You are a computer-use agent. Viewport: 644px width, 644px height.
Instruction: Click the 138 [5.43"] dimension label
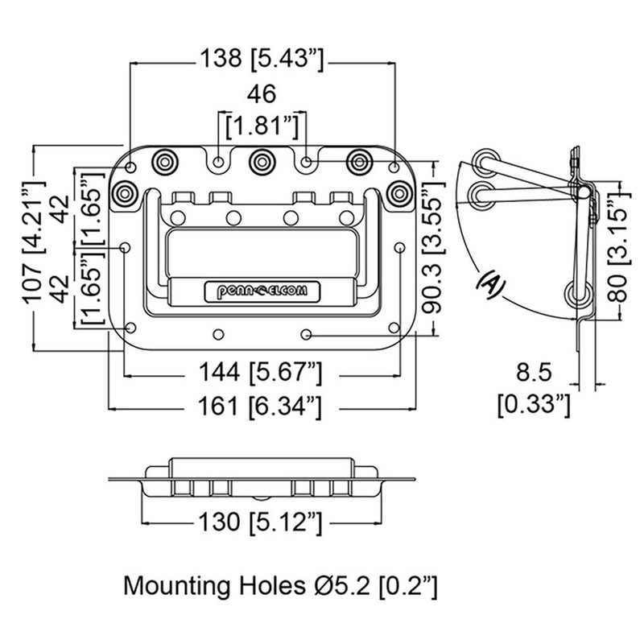pyautogui.click(x=262, y=58)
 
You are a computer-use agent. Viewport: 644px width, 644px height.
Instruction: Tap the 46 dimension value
pyautogui.click(x=261, y=94)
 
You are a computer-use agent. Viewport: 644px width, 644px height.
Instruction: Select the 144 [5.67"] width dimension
pyautogui.click(x=262, y=372)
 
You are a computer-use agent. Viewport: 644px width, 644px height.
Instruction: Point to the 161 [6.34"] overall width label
pyautogui.click(x=262, y=407)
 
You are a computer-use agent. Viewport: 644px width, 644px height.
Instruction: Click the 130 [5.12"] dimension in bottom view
pyautogui.click(x=262, y=522)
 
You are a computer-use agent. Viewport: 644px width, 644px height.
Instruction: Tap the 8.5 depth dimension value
pyautogui.click(x=534, y=373)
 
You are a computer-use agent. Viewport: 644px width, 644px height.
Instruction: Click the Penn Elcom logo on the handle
pyautogui.click(x=262, y=291)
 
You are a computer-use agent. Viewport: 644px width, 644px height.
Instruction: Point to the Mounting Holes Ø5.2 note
pyautogui.click(x=280, y=585)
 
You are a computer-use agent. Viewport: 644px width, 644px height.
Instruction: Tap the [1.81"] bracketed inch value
pyautogui.click(x=262, y=126)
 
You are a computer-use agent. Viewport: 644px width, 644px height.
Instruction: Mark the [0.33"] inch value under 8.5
pyautogui.click(x=534, y=403)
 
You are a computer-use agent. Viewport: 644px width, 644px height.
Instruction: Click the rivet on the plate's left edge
pyautogui.click(x=126, y=193)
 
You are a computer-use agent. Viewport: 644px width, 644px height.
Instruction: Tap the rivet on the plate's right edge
pyautogui.click(x=397, y=193)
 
